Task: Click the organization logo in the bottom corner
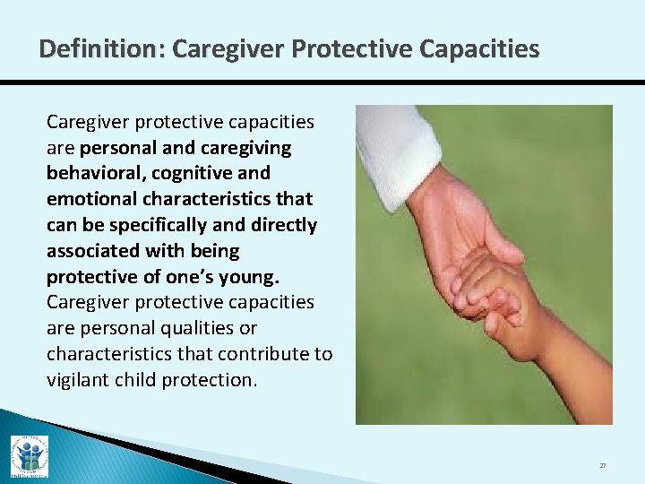click(29, 456)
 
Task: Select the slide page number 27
click(602, 466)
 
